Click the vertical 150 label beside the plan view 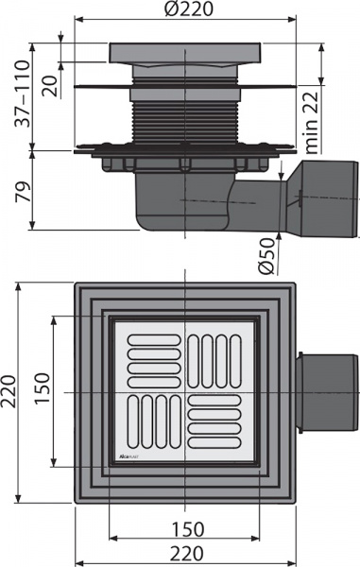point(43,388)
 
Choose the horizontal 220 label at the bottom point(185,551)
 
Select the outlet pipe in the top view point(326,390)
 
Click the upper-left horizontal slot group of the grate point(147,353)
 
